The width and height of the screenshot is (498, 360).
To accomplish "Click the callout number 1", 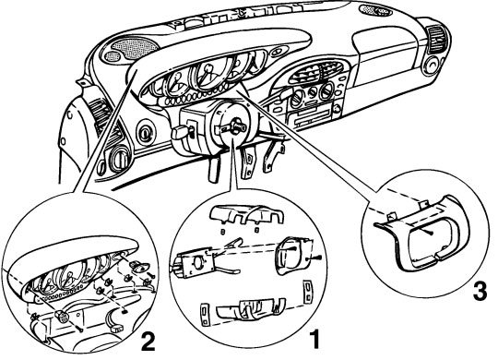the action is click(314, 339).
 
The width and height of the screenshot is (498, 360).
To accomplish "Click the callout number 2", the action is click(148, 342).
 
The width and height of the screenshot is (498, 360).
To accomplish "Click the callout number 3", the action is click(480, 292).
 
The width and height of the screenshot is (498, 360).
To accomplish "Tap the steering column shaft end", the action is click(238, 125).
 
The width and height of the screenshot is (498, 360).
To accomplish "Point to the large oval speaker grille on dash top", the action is click(135, 47).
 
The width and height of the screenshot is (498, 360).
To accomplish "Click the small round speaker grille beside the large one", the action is click(113, 56).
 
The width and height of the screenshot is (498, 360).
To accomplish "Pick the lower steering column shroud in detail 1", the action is click(251, 307).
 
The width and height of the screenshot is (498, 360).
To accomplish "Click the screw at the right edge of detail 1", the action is click(318, 258).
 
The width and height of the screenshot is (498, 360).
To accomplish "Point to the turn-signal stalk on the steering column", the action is click(181, 131).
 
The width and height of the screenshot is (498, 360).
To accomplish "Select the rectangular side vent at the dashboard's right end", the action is click(437, 39).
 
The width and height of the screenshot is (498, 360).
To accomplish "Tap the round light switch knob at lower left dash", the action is click(120, 158).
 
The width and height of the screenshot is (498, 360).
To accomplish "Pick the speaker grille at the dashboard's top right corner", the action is click(375, 10).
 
